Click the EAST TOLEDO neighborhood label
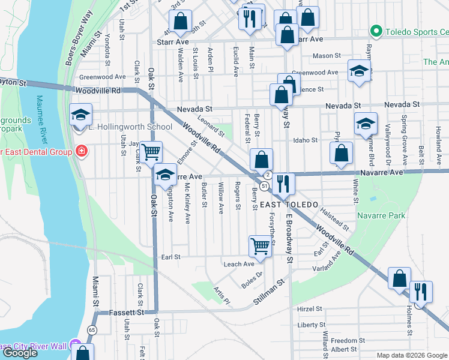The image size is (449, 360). (290, 205)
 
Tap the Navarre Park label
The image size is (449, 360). (381, 215)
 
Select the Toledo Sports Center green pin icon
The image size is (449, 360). (376, 29)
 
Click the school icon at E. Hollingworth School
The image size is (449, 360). (80, 115)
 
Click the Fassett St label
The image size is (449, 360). (127, 313)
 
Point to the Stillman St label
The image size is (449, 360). (268, 290)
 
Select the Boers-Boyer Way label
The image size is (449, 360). (79, 38)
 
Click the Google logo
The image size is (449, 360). (20, 353)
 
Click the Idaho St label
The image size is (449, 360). (305, 140)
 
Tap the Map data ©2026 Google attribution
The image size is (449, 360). (411, 355)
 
